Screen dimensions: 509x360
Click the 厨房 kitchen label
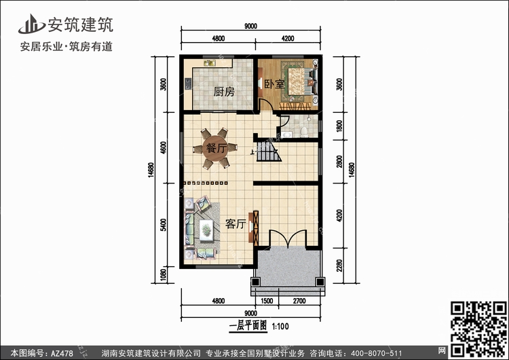point(224,92)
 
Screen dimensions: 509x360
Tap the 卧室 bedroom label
point(274,84)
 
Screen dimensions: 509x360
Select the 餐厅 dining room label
point(216,149)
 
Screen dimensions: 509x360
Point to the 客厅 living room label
point(235,224)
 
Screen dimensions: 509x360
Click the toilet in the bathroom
point(304,132)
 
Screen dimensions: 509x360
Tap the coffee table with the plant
point(206,230)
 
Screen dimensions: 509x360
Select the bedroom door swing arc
point(265,105)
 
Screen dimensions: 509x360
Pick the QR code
point(479,329)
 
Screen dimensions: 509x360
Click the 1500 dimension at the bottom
point(267,301)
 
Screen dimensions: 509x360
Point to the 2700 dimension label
point(299,301)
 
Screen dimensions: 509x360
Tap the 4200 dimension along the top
point(288,39)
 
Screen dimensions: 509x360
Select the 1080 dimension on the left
point(164,274)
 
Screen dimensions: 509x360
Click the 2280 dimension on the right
point(339,266)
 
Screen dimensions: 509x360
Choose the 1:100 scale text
point(280,326)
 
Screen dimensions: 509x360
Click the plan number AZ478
point(62,353)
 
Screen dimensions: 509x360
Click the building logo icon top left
point(31,24)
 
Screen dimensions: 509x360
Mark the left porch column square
point(256,282)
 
